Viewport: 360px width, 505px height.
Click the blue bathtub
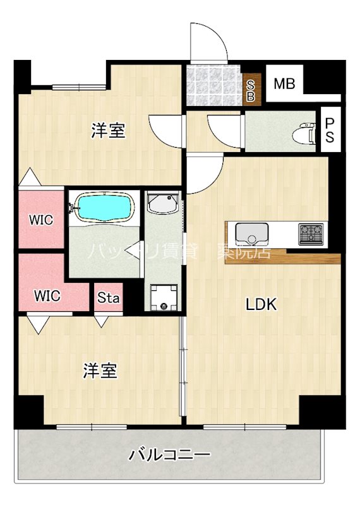point(104,207)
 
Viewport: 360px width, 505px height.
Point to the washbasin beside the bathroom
point(164,204)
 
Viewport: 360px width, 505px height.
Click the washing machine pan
point(164,297)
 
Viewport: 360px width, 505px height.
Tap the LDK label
point(261,305)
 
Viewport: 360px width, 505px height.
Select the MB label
point(284,83)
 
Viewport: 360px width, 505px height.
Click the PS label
point(329,130)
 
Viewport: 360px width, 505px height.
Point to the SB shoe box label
point(251,88)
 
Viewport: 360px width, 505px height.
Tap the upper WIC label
point(40,220)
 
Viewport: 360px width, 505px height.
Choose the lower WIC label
point(48,295)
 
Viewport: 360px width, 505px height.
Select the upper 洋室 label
point(108,131)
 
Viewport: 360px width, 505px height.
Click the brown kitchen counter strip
point(284,256)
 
